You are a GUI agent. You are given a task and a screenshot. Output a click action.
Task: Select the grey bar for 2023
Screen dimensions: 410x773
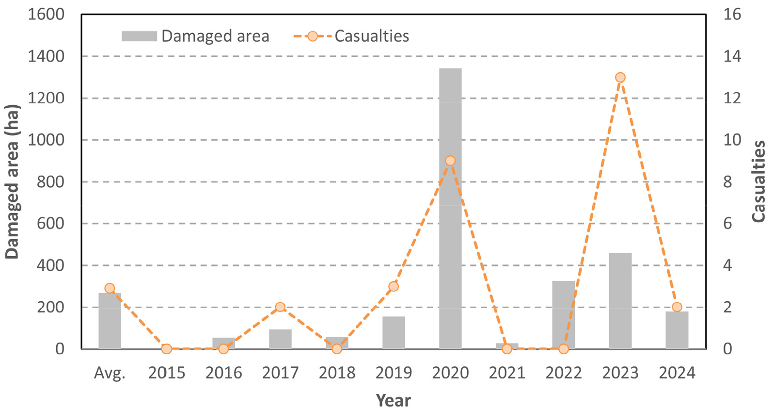point(620,300)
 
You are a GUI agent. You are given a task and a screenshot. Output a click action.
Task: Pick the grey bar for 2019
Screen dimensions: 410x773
point(394,332)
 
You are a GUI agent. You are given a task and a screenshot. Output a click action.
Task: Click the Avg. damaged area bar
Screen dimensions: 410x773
point(110,320)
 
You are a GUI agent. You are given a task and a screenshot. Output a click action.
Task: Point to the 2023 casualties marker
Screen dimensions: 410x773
point(620,78)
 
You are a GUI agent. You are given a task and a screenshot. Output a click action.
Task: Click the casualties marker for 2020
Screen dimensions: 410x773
point(450,161)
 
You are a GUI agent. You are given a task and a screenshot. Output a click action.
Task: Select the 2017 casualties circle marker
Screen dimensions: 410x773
point(280,307)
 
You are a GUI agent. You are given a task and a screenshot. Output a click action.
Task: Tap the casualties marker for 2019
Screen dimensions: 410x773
point(394,286)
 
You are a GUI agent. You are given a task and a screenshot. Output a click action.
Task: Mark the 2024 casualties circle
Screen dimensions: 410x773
point(677,307)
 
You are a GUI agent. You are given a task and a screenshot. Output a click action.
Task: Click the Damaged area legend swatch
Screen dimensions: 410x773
point(139,36)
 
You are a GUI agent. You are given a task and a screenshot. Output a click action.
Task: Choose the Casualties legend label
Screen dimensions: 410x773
point(372,36)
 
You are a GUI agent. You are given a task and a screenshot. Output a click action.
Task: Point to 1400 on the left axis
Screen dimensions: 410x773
point(46,56)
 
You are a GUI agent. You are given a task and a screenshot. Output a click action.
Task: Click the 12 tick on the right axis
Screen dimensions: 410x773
point(732,98)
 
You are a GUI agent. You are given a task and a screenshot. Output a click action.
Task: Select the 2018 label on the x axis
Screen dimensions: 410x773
point(337,373)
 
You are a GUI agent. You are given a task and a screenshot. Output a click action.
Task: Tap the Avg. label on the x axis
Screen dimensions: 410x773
point(110,373)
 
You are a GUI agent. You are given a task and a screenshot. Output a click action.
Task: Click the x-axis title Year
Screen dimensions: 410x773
point(394,400)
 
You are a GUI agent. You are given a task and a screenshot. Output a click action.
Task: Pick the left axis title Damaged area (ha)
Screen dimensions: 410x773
point(12,181)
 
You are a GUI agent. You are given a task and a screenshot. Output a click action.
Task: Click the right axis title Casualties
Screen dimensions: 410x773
point(759,181)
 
